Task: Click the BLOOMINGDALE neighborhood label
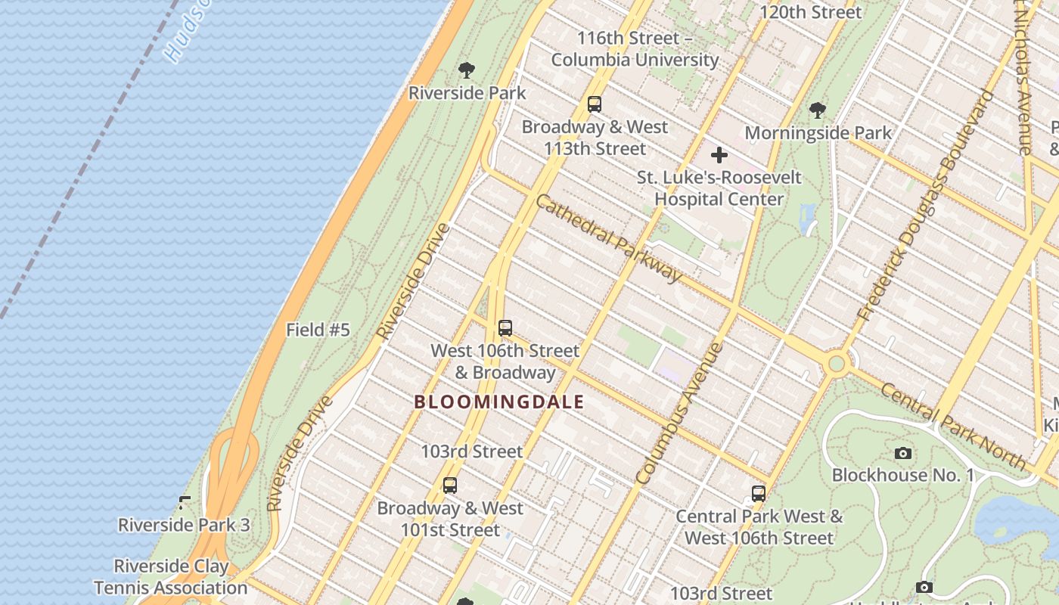(499, 402)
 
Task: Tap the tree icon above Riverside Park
(467, 71)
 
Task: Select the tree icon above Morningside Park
(817, 110)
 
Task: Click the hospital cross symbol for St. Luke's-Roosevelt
(719, 156)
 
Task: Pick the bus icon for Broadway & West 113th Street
(595, 104)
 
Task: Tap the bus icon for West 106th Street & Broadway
(505, 328)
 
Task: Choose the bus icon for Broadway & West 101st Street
(450, 486)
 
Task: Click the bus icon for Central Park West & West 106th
(759, 494)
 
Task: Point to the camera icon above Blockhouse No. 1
(902, 454)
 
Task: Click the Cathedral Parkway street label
(609, 237)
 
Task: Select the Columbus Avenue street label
(679, 414)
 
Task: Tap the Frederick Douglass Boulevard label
(924, 205)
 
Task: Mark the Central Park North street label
(953, 426)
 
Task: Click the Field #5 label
(318, 330)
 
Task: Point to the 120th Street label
(810, 12)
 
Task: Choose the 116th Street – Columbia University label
(635, 48)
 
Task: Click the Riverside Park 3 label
(184, 524)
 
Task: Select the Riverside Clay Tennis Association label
(171, 577)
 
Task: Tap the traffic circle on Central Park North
(836, 364)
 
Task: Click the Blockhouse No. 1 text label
(903, 475)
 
